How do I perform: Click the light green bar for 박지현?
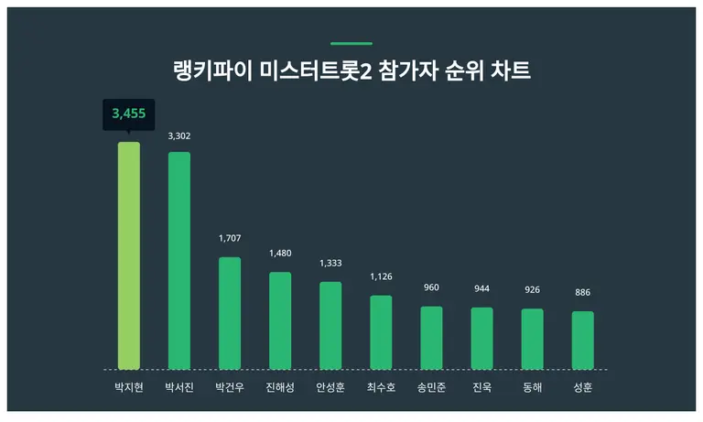click(129, 255)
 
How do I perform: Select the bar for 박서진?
click(179, 260)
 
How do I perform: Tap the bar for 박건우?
click(230, 313)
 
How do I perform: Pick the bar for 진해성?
click(280, 320)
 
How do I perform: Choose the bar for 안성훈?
click(330, 325)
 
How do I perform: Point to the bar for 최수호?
click(381, 332)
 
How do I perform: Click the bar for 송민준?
click(431, 338)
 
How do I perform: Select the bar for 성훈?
click(582, 340)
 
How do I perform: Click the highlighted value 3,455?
click(129, 114)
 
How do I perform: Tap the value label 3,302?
click(179, 136)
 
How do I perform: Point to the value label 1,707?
click(230, 239)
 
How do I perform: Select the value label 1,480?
click(280, 254)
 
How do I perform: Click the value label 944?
click(481, 288)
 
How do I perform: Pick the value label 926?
click(532, 289)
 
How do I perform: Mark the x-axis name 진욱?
click(481, 387)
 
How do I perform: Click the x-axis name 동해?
click(532, 387)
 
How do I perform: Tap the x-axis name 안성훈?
click(330, 387)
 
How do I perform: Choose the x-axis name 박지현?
click(129, 387)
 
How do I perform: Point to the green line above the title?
click(351, 43)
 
